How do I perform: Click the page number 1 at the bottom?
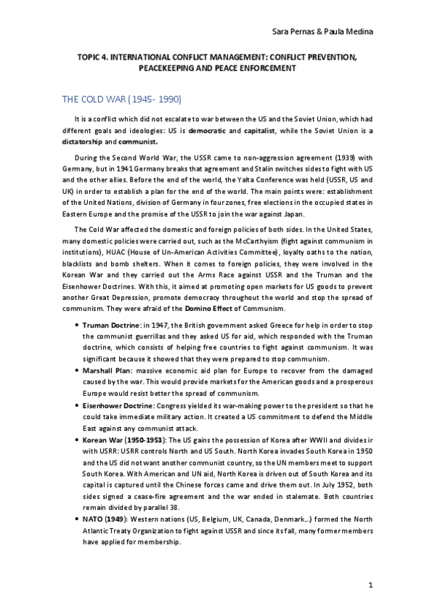370,585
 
